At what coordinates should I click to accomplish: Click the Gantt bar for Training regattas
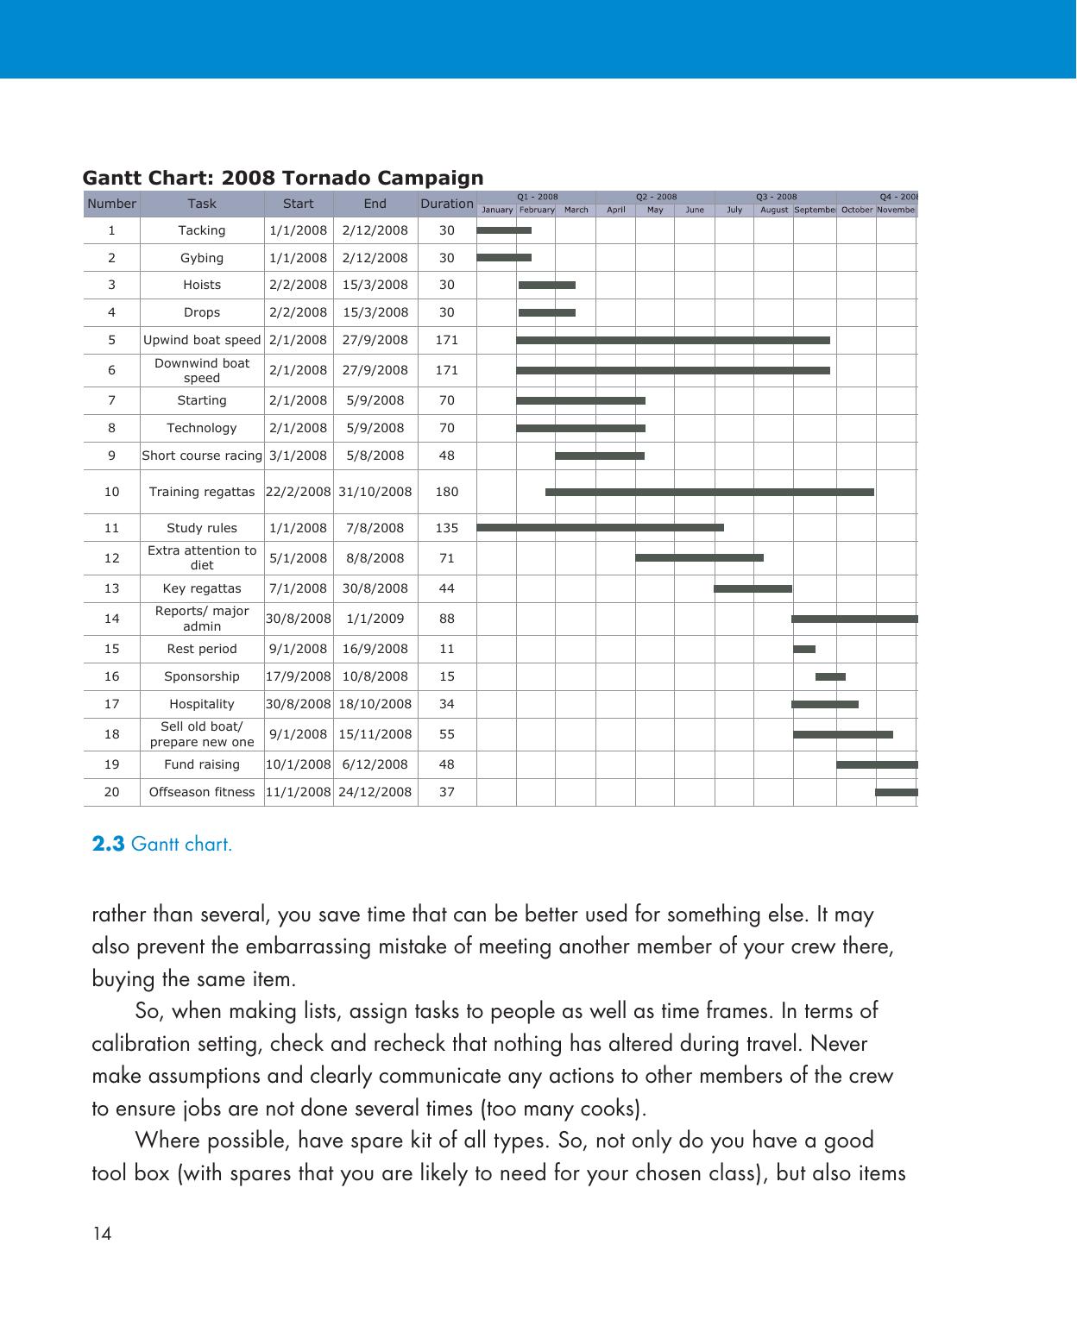pos(709,492)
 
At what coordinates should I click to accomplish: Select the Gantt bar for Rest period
pos(803,649)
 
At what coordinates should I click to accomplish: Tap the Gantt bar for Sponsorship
pos(830,676)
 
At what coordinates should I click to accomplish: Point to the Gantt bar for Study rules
pos(600,527)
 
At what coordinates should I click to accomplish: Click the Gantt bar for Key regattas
pos(753,588)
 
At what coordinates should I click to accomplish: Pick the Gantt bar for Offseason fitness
pos(896,792)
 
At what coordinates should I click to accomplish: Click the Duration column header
pos(446,204)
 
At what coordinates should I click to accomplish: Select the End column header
pos(375,204)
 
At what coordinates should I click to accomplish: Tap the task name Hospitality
pos(201,704)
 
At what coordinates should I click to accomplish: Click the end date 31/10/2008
pos(375,492)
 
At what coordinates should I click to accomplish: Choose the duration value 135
pos(446,528)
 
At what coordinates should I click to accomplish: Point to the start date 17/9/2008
pos(298,676)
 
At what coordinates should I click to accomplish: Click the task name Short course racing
pos(201,456)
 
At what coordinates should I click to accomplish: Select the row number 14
pos(111,619)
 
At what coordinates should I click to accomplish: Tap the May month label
pos(655,210)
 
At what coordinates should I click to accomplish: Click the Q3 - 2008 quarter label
pos(776,197)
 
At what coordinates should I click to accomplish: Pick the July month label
pos(734,210)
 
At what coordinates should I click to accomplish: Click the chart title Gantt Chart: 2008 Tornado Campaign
pos(283,178)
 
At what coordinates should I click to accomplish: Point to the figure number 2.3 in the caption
pos(108,844)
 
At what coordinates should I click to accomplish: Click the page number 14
pos(102,1234)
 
